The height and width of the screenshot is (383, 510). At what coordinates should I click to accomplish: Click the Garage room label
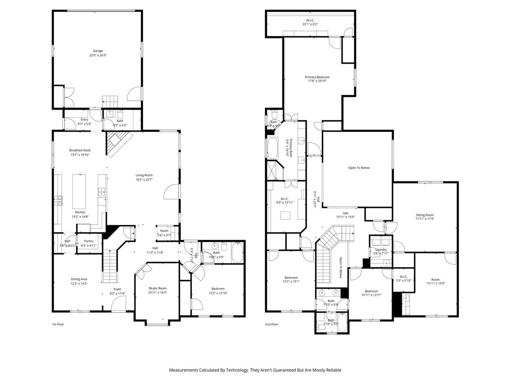click(98, 51)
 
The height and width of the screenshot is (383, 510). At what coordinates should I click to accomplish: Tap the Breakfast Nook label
click(80, 150)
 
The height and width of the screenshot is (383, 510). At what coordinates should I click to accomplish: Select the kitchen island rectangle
click(79, 191)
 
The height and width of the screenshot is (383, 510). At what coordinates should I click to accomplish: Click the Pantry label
click(89, 241)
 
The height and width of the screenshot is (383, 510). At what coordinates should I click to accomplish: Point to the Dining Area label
click(79, 279)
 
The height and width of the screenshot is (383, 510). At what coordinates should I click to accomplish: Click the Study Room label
click(157, 288)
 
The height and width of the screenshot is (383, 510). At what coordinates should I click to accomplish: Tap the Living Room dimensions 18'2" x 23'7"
click(144, 180)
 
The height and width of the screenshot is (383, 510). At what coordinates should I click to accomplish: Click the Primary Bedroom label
click(317, 77)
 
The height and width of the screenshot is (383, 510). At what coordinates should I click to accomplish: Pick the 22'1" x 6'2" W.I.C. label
click(309, 24)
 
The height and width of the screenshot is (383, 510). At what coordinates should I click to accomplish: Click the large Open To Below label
click(359, 168)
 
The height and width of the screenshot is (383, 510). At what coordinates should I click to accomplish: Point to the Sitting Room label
click(425, 214)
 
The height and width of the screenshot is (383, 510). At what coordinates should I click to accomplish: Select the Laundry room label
click(381, 249)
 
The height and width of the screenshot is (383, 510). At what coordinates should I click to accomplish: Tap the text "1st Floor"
click(58, 324)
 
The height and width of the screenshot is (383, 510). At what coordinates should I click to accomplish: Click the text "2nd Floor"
click(271, 324)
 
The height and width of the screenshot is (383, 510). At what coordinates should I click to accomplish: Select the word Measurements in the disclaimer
click(186, 370)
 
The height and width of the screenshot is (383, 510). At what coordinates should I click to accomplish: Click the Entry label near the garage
click(84, 120)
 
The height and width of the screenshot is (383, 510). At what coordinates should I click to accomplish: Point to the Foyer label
click(117, 289)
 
